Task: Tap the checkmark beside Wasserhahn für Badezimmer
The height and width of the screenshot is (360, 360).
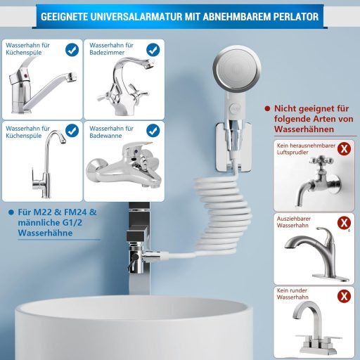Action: coord(153,50)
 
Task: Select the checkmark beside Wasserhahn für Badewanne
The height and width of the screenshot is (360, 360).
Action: coord(153,131)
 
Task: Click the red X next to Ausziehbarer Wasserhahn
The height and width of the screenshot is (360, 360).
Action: coord(344,222)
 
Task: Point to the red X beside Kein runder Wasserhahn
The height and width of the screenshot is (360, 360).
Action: coord(344,296)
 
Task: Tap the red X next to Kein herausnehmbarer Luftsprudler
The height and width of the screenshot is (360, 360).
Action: coord(344,148)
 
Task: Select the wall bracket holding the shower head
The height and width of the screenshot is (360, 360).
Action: coord(233,147)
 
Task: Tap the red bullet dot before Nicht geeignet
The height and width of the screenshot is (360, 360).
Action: coord(267,109)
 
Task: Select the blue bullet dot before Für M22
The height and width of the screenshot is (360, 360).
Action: coord(11,212)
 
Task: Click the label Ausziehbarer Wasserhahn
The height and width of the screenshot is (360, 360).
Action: coord(293,222)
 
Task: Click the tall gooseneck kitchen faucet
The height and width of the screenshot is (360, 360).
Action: coord(49,164)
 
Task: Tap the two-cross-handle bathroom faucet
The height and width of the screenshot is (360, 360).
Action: coord(124,86)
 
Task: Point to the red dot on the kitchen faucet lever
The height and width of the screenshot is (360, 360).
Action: coord(25,75)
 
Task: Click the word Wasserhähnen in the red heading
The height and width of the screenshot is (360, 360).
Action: coord(304,129)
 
